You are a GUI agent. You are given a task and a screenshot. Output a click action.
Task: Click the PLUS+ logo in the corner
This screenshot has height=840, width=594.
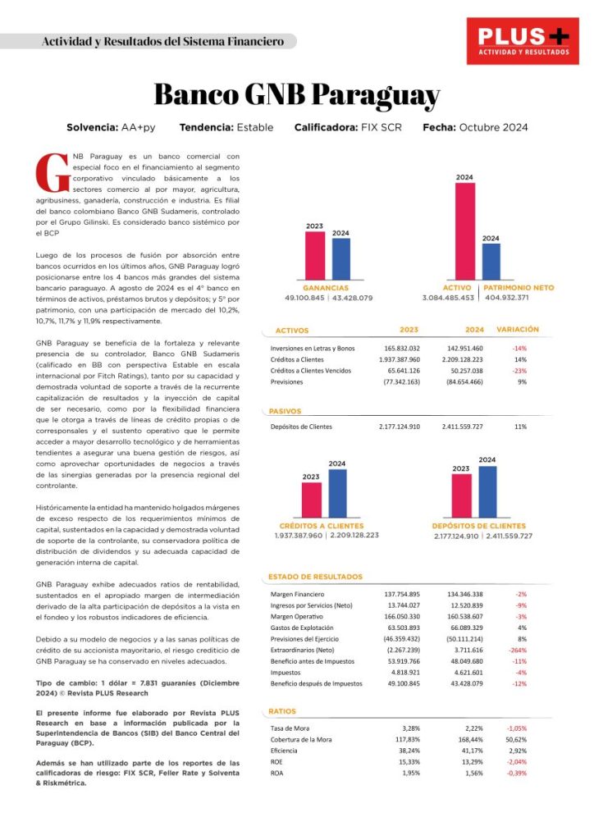(x=523, y=41)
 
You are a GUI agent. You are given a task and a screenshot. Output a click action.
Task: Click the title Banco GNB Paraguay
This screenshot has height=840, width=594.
(x=296, y=94)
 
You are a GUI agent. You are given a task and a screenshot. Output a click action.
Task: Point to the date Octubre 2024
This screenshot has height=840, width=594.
(x=493, y=128)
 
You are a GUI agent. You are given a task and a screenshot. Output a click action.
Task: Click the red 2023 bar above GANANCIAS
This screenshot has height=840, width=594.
(x=315, y=256)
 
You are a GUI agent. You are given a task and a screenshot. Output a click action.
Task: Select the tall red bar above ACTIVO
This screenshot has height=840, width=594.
(x=464, y=231)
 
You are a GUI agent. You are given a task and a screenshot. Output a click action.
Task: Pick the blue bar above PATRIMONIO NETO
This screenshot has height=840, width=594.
(x=491, y=261)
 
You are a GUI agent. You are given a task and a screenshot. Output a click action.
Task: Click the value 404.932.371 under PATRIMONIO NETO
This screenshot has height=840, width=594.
(x=506, y=298)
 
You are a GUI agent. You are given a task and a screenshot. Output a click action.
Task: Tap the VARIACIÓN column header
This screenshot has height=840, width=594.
(x=518, y=329)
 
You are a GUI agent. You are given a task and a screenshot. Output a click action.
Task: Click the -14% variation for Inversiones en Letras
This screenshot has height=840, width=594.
(x=519, y=349)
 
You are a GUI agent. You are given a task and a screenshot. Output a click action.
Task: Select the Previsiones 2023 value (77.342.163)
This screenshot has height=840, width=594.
(x=401, y=381)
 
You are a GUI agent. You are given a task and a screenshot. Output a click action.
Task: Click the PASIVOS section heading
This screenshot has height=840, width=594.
(x=286, y=411)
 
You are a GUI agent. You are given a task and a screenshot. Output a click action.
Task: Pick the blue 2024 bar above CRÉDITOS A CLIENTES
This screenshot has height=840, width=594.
(x=337, y=493)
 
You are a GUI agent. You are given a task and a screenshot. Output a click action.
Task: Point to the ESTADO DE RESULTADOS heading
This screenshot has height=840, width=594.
(x=315, y=577)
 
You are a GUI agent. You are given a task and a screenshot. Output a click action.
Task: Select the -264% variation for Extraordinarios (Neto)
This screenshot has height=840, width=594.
(x=519, y=649)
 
